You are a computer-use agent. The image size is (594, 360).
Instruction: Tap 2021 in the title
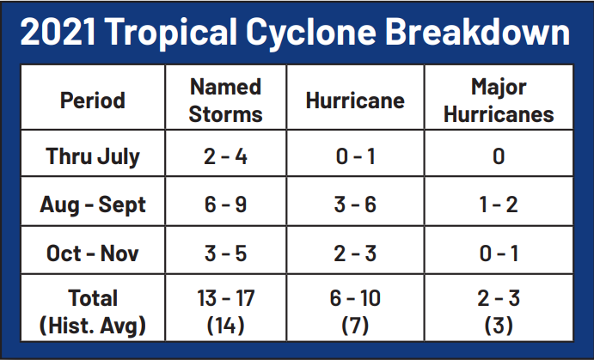[58, 32]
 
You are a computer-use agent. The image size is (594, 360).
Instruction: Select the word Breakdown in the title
[477, 32]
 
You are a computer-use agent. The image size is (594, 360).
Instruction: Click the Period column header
[93, 101]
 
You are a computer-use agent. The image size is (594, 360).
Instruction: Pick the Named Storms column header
[226, 101]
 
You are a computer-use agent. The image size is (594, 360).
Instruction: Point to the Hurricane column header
[355, 101]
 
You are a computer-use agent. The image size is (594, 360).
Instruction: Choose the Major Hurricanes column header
[499, 101]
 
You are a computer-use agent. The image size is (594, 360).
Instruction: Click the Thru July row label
[93, 156]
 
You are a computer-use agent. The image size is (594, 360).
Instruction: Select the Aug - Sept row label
[93, 205]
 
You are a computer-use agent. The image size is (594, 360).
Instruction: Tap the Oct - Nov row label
[93, 253]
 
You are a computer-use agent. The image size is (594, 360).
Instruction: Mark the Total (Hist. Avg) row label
[93, 312]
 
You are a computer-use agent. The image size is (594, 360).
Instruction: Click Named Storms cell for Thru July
[226, 156]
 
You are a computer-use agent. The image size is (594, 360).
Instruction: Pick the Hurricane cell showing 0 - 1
[355, 156]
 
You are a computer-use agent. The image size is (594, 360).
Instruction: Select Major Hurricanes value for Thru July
[499, 156]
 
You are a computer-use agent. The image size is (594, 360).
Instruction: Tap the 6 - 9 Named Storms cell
[226, 204]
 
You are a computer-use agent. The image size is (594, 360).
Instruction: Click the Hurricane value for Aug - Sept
[355, 204]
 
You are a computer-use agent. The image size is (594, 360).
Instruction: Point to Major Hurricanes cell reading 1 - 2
[499, 204]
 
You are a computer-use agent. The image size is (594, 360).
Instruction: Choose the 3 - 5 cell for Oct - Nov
[226, 253]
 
